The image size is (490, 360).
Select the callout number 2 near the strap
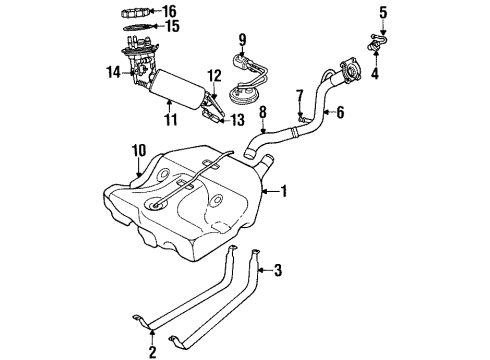click(x=152, y=350)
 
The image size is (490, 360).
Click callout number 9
click(x=241, y=39)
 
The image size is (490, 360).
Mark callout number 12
click(x=213, y=75)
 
